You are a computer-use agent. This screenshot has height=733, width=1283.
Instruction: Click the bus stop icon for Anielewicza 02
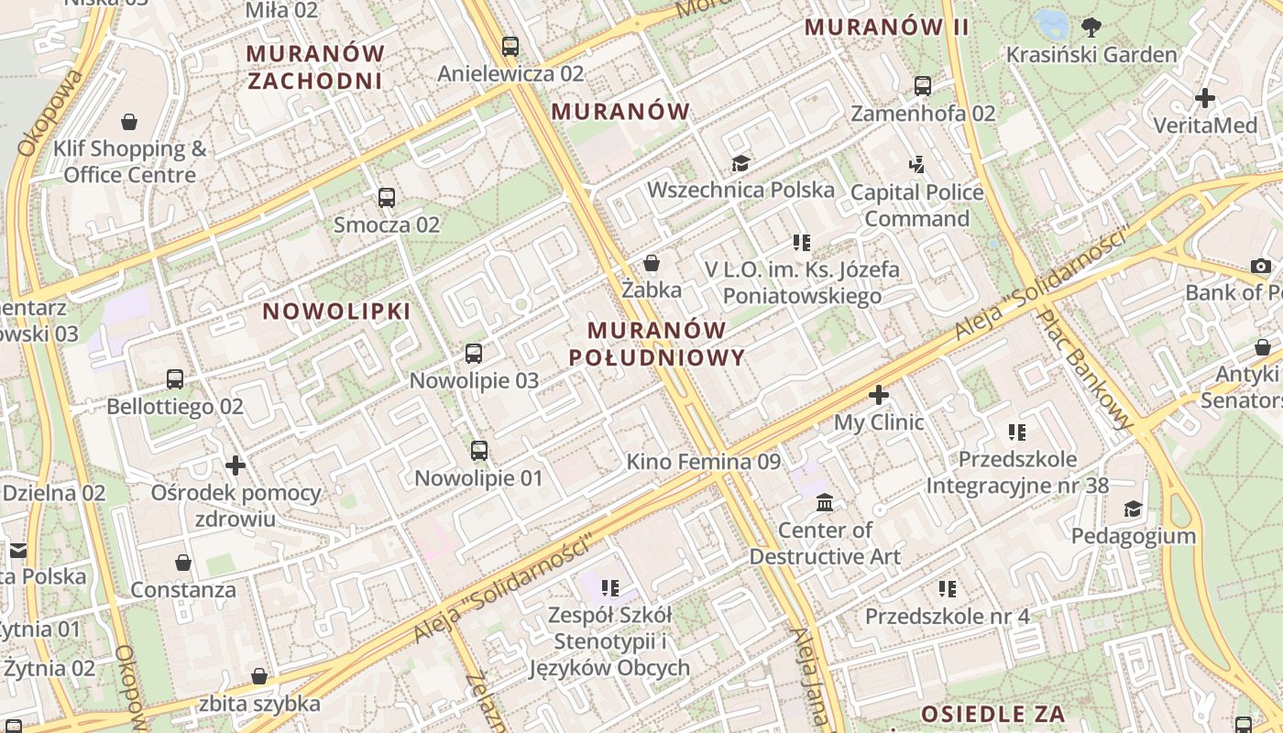click(510, 46)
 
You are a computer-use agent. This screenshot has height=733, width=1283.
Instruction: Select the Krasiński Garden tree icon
click(1091, 27)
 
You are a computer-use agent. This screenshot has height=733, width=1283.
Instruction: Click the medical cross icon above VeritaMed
click(1205, 97)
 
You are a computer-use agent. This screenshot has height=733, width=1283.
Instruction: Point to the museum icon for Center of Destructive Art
click(825, 502)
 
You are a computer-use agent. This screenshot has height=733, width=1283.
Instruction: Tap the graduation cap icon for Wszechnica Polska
click(740, 163)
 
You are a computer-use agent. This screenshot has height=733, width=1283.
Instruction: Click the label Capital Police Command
click(916, 205)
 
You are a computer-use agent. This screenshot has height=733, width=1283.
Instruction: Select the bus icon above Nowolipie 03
click(474, 353)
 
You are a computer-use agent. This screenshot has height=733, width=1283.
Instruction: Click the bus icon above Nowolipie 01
click(479, 450)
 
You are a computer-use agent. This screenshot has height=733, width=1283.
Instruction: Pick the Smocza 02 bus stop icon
click(387, 197)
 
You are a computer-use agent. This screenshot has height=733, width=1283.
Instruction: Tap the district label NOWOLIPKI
click(336, 312)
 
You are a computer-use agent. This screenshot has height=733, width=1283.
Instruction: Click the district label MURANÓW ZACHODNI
click(315, 67)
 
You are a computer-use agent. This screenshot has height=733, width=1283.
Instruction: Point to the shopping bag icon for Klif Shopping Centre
click(129, 122)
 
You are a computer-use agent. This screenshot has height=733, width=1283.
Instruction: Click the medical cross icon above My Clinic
click(879, 395)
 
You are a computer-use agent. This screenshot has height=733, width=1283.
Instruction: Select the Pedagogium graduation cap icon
click(1134, 509)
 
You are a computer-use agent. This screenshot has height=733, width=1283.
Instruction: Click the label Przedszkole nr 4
click(948, 616)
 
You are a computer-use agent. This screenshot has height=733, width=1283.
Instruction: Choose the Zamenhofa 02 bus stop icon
click(923, 86)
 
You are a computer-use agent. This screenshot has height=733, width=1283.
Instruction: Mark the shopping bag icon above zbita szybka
click(260, 676)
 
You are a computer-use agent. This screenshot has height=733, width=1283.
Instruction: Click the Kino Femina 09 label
click(703, 462)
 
